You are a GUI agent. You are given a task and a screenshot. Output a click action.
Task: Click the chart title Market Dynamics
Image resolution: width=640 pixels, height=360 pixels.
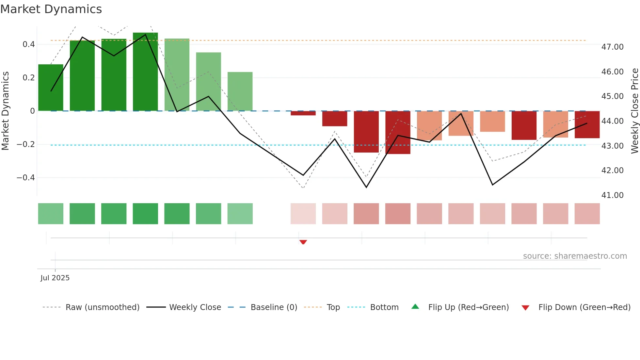tap(51, 9)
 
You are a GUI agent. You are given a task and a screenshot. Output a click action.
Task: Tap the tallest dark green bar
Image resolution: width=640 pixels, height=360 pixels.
tap(145, 72)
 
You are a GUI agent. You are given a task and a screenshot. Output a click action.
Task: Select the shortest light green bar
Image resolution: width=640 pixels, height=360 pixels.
tap(240, 91)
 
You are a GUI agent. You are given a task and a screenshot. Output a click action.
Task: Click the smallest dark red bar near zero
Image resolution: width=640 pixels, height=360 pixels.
tap(303, 113)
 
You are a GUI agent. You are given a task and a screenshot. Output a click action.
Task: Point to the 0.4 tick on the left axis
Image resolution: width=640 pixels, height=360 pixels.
tap(29, 44)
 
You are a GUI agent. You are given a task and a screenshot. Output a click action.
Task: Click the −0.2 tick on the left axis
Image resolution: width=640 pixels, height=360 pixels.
tap(26, 144)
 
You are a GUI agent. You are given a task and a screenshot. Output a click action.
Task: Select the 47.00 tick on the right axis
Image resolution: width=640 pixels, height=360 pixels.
tap(612, 47)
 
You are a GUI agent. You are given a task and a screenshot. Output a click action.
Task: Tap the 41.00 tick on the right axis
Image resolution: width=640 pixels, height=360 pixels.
tap(612, 195)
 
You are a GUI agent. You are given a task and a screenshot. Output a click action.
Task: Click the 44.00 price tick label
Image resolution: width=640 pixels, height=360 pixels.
tap(612, 121)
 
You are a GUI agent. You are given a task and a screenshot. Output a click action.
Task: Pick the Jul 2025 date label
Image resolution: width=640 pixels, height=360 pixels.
tap(55, 278)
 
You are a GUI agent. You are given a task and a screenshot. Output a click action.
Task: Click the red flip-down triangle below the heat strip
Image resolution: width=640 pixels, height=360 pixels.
tap(303, 242)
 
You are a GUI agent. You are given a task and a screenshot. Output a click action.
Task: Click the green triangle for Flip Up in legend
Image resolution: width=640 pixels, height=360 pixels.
tap(415, 307)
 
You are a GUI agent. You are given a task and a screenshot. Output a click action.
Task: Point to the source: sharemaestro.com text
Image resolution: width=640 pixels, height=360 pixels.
tap(575, 256)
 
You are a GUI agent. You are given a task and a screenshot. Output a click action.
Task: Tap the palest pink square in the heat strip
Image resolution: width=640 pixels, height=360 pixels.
tap(303, 214)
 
